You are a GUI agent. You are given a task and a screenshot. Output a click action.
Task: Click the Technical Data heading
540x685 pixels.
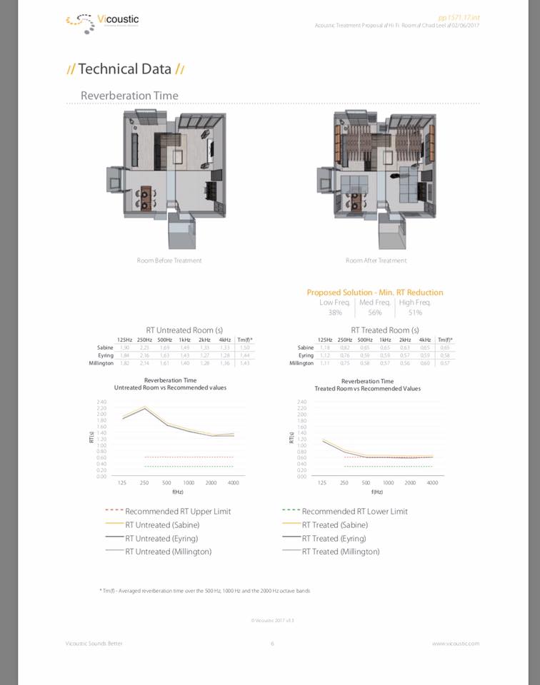pyautogui.click(x=125, y=69)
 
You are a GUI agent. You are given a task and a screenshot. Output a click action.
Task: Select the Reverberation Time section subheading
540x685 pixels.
pyautogui.click(x=129, y=96)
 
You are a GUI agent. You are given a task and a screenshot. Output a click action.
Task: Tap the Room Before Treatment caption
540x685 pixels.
pyautogui.click(x=169, y=260)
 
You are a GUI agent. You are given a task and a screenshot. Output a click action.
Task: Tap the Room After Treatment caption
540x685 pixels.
pyautogui.click(x=376, y=260)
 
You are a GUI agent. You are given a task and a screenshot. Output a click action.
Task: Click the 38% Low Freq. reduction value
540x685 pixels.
pyautogui.click(x=334, y=313)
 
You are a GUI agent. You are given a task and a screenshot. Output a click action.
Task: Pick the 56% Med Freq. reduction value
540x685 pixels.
pyautogui.click(x=375, y=313)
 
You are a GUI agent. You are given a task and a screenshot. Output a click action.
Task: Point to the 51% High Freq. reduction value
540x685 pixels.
pyautogui.click(x=415, y=313)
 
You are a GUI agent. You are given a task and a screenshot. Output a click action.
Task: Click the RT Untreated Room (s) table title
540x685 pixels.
pyautogui.click(x=184, y=330)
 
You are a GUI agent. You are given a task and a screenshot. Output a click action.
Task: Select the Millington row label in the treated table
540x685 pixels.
pyautogui.click(x=301, y=363)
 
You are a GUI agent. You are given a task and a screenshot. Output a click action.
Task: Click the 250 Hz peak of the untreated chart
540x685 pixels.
pyautogui.click(x=145, y=407)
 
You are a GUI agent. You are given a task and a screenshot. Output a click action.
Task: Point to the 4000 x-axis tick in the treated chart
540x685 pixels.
pyautogui.click(x=431, y=483)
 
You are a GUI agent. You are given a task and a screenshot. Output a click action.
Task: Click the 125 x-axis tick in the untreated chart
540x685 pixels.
pyautogui.click(x=122, y=483)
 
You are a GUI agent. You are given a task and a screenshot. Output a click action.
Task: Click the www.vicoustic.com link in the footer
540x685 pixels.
pyautogui.click(x=455, y=644)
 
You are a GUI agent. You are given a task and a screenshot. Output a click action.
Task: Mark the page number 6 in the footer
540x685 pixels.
pyautogui.click(x=272, y=644)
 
